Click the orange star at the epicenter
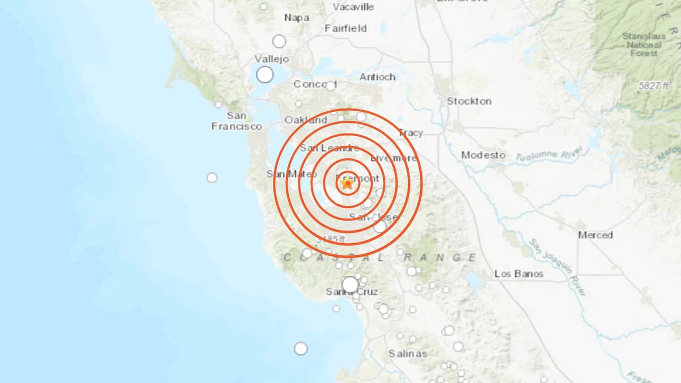click(347, 184)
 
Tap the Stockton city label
click(469, 101)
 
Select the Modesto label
click(483, 155)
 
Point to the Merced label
click(595, 235)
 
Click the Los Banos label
click(519, 274)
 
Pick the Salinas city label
click(408, 354)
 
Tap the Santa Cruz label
click(352, 292)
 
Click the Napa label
click(296, 18)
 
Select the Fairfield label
click(346, 29)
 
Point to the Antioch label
click(377, 77)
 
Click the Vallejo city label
click(271, 59)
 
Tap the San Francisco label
click(237, 121)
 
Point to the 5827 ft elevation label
click(653, 86)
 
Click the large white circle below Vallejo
click(265, 75)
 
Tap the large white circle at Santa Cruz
click(350, 285)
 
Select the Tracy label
click(411, 133)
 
